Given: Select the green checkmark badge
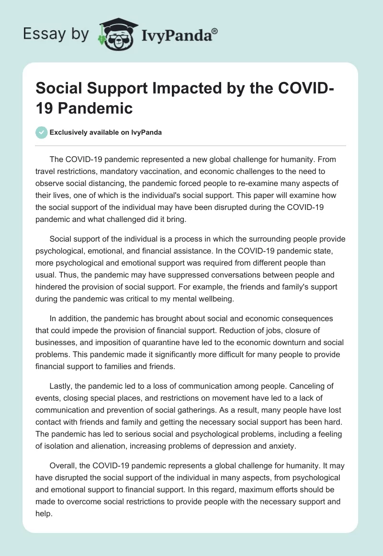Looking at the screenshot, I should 42,132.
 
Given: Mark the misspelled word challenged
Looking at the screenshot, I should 143,220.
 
